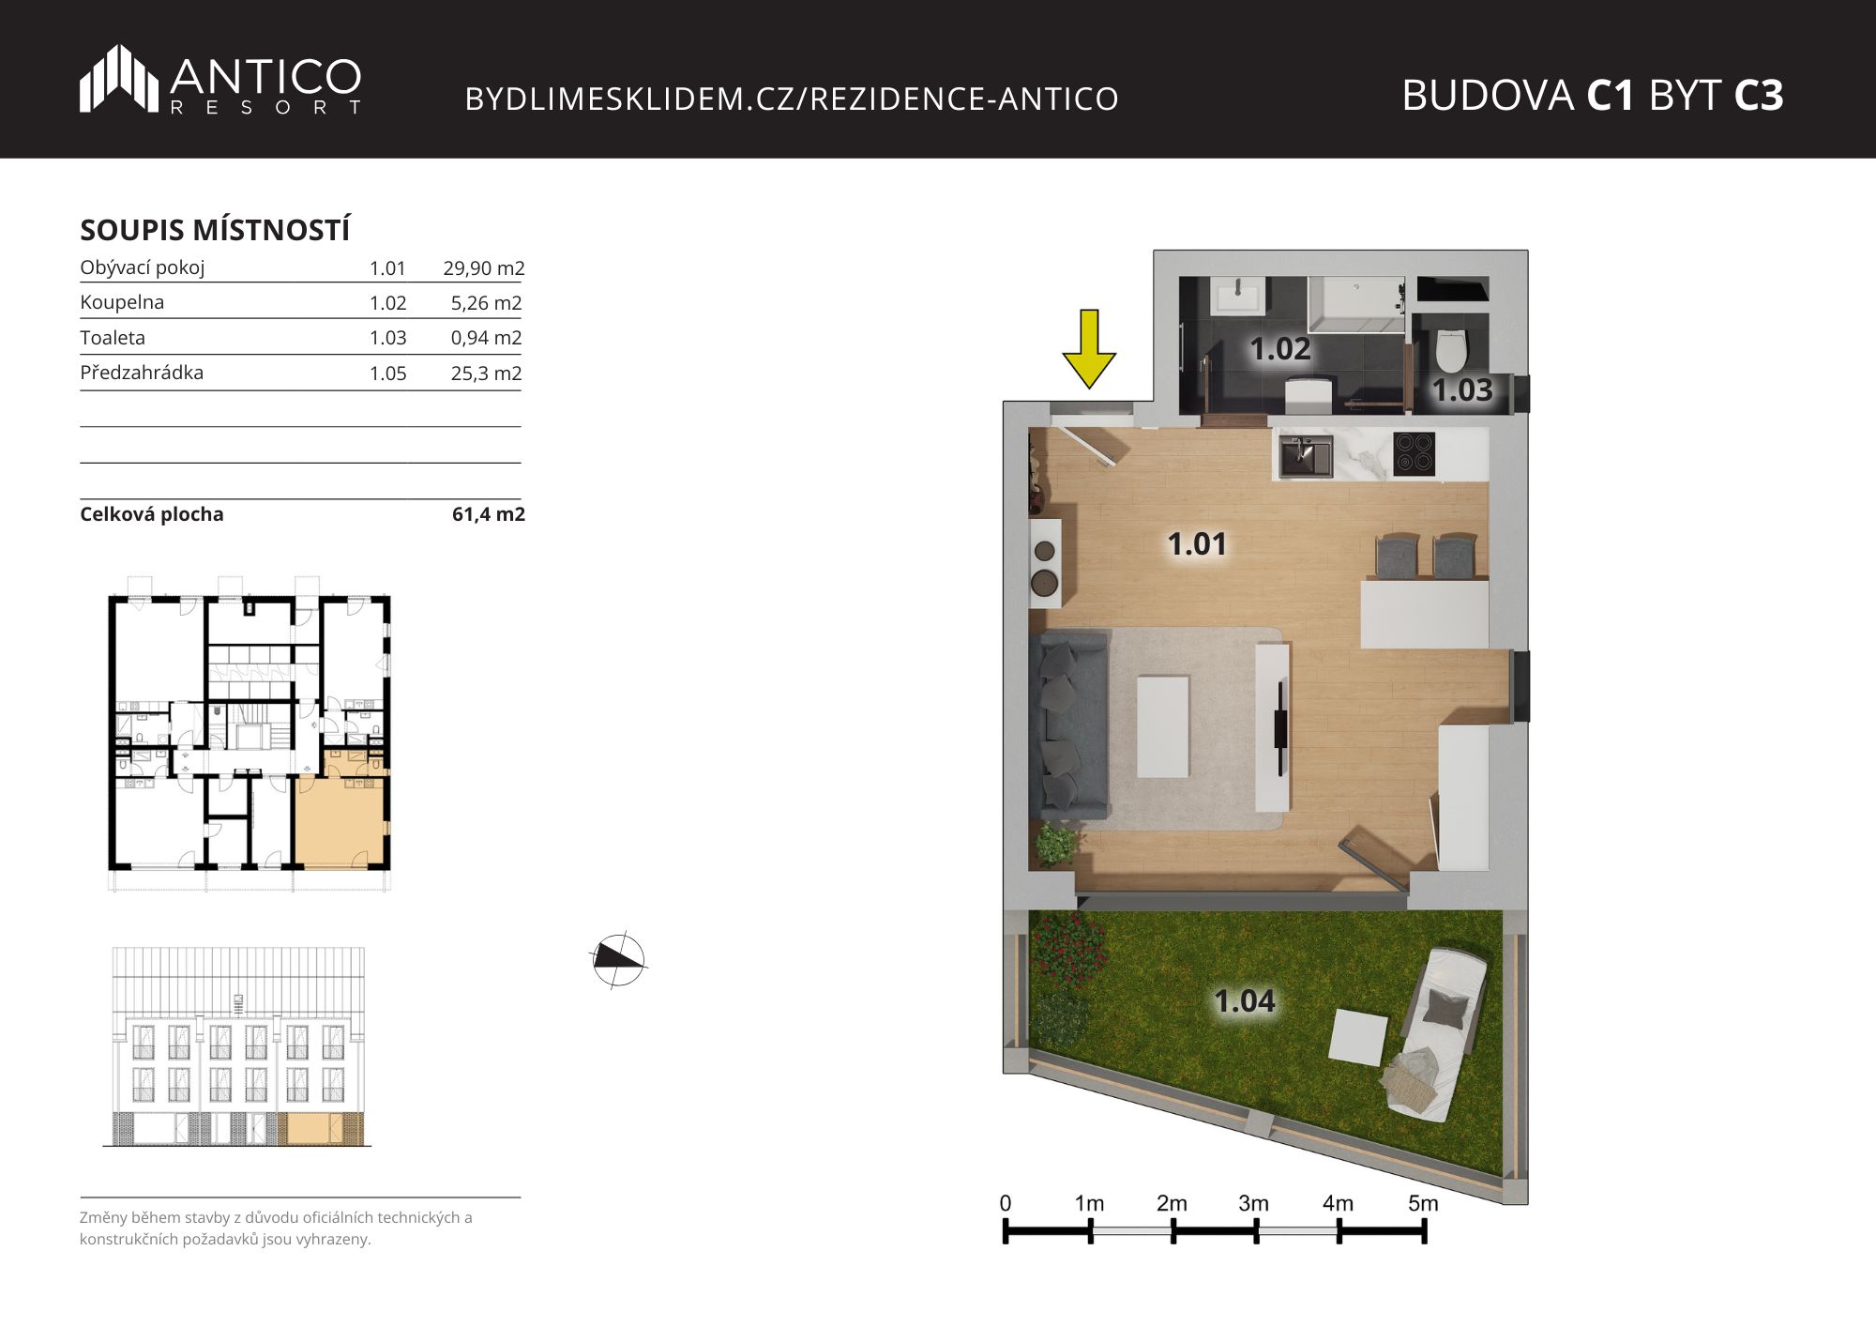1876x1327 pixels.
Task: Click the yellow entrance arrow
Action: coord(1089,348)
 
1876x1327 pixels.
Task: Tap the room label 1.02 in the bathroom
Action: coord(1280,349)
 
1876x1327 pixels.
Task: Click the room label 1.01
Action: coord(1197,543)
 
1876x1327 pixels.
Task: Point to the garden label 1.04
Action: coord(1245,1001)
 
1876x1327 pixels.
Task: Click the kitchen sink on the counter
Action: coord(1306,456)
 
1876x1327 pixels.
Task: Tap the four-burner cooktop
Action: coord(1415,453)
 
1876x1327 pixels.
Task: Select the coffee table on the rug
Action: coord(1163,726)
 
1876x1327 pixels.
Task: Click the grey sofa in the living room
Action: coord(1068,725)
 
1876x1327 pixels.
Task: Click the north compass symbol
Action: coord(619,960)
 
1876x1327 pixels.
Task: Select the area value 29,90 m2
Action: coord(484,268)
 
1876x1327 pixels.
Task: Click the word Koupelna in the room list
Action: coord(122,302)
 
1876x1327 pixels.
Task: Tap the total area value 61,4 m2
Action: coord(489,514)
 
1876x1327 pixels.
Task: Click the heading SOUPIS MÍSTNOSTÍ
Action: coord(215,230)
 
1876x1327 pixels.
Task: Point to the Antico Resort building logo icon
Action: coord(118,78)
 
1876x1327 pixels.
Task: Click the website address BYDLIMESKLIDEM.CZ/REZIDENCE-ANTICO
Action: coord(792,99)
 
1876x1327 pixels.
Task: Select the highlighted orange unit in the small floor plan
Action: coord(340,819)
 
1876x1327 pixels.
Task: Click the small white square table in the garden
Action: coord(1359,1038)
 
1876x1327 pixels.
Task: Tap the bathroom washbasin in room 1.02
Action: coord(1238,297)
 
